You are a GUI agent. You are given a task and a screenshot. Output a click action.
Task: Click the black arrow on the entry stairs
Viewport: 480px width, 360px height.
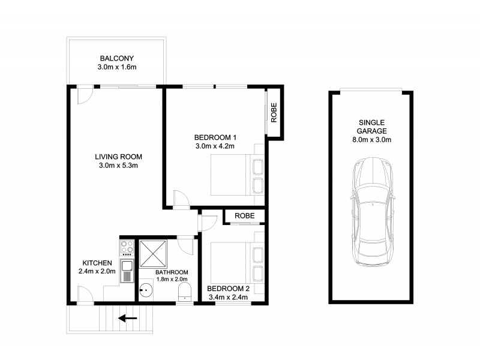click(x=128, y=319)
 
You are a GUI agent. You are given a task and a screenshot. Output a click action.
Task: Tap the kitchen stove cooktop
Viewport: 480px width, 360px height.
click(x=127, y=248)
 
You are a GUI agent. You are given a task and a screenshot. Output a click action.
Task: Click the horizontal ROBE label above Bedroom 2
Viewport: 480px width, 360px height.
click(x=244, y=216)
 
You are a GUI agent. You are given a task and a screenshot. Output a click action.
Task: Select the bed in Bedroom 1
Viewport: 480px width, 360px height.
click(x=237, y=174)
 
